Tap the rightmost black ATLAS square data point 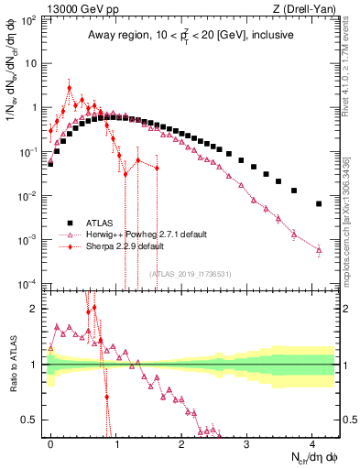[319, 203]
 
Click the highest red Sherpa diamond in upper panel [70, 89]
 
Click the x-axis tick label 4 [311, 441]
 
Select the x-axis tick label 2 [181, 441]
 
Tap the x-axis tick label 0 [50, 441]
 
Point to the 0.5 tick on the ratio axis [35, 420]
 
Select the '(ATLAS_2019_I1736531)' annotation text [191, 274]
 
